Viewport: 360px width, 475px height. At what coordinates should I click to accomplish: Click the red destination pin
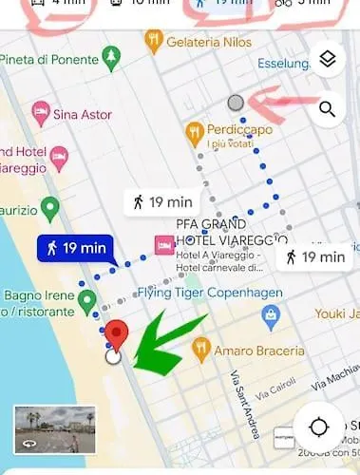[116, 334]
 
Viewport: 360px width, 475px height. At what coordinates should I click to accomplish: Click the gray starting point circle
[237, 103]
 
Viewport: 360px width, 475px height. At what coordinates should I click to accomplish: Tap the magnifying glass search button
[328, 109]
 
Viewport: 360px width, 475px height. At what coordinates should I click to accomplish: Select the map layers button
[328, 60]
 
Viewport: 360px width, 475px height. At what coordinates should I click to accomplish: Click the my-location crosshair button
[318, 427]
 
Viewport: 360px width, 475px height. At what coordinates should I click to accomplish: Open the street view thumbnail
[55, 428]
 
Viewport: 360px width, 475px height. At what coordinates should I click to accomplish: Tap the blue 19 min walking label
[71, 249]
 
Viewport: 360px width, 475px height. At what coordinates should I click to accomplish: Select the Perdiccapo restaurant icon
[196, 129]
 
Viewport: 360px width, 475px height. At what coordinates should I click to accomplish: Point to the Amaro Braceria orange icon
[200, 349]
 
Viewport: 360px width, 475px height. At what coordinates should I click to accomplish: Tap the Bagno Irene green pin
[87, 301]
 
